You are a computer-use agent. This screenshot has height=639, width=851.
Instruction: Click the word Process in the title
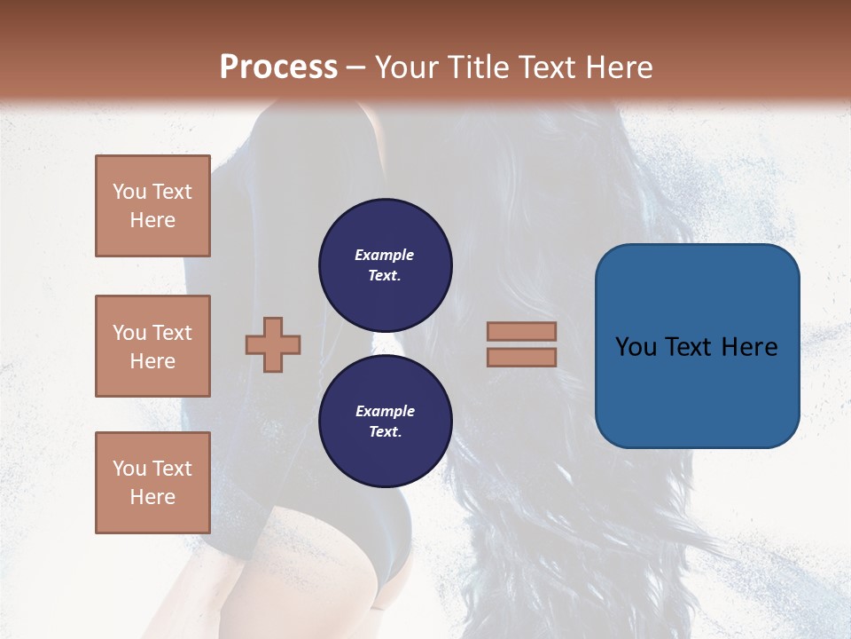coord(278,67)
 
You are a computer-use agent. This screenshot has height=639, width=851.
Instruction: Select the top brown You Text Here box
coord(152,206)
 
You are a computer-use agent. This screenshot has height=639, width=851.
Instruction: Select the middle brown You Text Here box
coord(152,346)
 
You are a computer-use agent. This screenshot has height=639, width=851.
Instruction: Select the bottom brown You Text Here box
coord(152,483)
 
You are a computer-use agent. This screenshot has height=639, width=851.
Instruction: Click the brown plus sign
coord(273,344)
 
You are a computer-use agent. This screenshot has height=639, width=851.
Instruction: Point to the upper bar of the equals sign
coord(521,331)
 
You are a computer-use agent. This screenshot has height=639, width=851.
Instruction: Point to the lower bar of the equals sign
coord(521,357)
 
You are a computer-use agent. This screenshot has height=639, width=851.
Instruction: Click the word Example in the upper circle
coord(384,255)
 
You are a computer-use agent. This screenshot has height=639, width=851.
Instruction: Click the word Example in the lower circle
coord(385,411)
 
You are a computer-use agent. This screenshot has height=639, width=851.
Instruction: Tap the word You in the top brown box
coord(129,192)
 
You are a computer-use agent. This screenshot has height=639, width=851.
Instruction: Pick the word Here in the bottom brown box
coord(152,497)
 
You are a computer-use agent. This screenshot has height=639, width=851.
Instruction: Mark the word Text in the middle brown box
coord(171,333)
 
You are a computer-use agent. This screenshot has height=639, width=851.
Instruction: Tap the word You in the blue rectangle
coord(636,347)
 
